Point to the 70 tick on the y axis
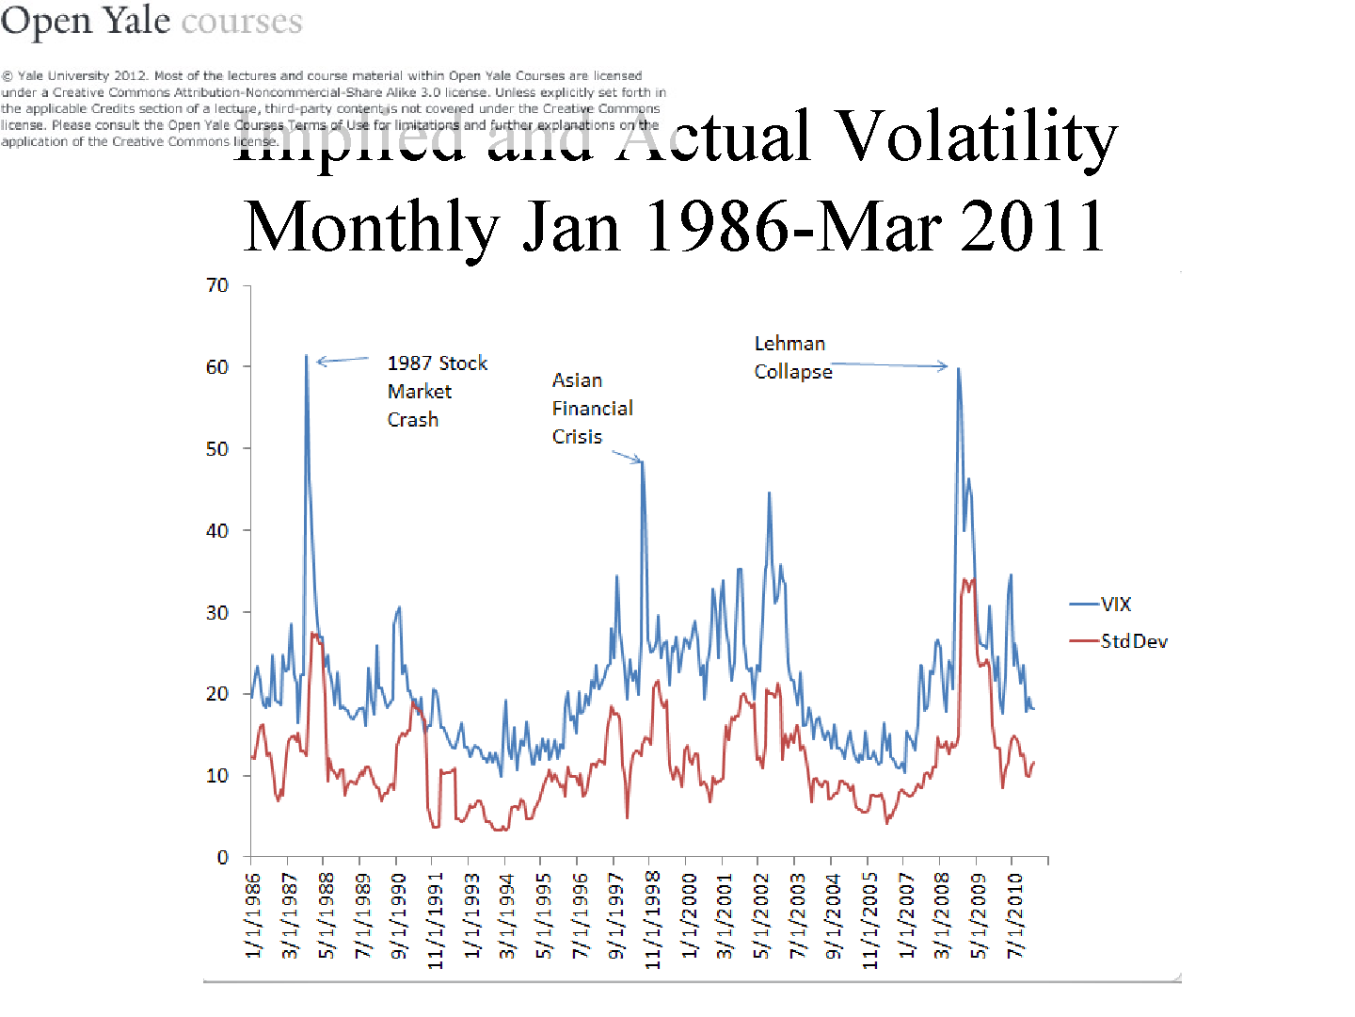pos(217,285)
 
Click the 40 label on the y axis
pos(217,531)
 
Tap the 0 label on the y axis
pos(223,858)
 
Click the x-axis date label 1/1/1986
pos(253,915)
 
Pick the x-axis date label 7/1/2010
pos(1014,915)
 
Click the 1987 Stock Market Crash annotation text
pos(437,391)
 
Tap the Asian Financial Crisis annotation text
pos(592,408)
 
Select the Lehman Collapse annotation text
pos(792,358)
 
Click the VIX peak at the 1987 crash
pos(306,356)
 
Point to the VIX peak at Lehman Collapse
pos(958,368)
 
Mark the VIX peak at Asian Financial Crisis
pos(643,461)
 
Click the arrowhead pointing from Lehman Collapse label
pos(944,366)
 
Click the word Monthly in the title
pos(371,227)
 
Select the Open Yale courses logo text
pos(151,21)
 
